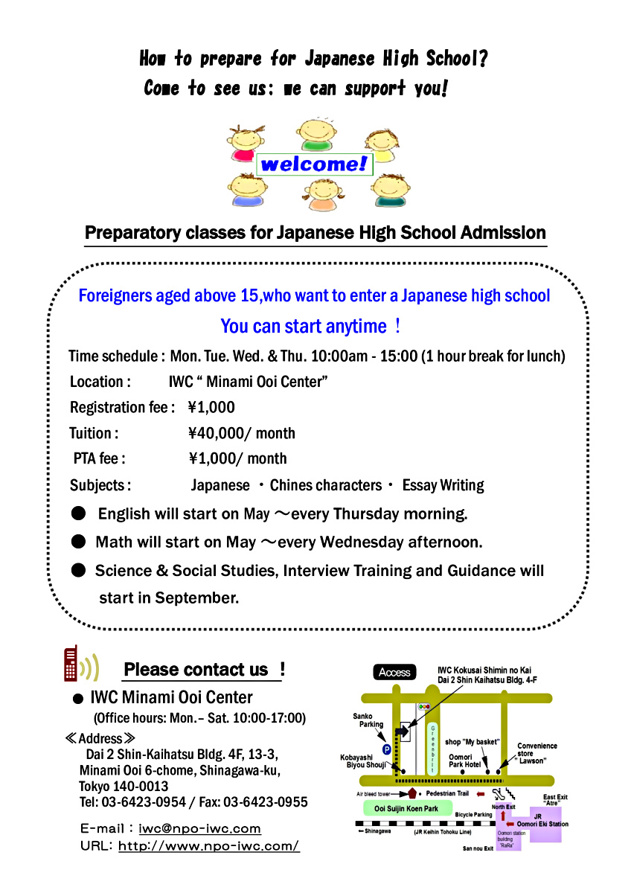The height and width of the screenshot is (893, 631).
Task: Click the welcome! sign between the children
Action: click(314, 164)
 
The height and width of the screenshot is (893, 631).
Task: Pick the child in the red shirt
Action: click(246, 143)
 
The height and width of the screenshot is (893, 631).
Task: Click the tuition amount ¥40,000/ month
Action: click(242, 433)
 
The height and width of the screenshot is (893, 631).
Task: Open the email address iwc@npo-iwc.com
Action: click(199, 828)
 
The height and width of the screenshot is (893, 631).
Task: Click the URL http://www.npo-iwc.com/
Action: click(208, 846)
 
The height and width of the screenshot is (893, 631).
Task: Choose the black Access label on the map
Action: click(394, 672)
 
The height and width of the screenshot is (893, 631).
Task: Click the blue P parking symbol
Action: click(386, 749)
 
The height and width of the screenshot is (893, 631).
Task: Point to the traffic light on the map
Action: click(425, 705)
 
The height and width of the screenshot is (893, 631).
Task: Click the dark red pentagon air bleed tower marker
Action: click(411, 793)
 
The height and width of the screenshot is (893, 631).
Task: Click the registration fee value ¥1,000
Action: click(211, 407)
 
